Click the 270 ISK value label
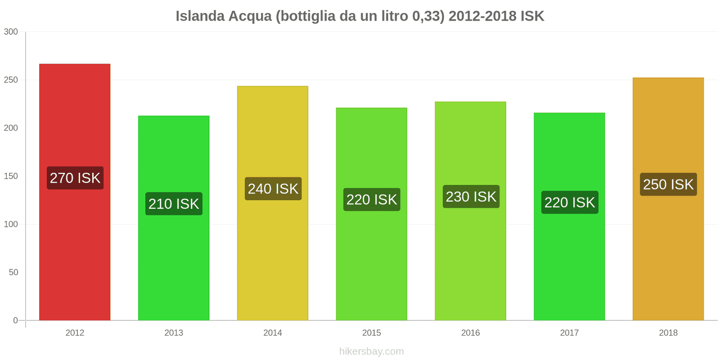[x=75, y=178]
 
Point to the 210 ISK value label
[x=174, y=204]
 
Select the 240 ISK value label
[x=273, y=189]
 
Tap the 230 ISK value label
[x=471, y=197]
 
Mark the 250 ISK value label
[x=668, y=184]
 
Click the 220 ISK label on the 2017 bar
[x=570, y=202]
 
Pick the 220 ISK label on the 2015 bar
[x=372, y=199]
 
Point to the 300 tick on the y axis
[x=11, y=31]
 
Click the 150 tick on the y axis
[x=11, y=176]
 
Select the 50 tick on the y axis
[x=13, y=272]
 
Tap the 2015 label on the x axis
[x=372, y=333]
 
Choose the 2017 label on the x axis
[x=569, y=333]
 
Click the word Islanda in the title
[x=200, y=16]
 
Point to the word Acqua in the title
[x=250, y=16]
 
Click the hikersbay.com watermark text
[x=372, y=351]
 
